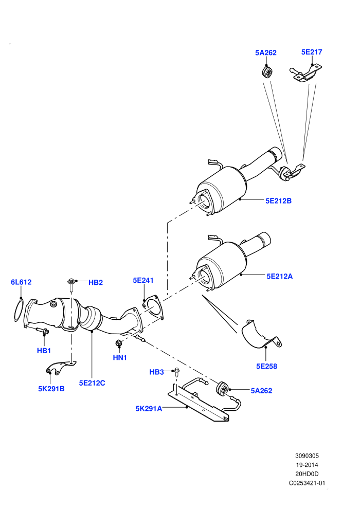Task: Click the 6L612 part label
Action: pyautogui.click(x=21, y=282)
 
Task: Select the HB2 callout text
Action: pyautogui.click(x=96, y=282)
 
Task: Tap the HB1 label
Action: pyautogui.click(x=44, y=351)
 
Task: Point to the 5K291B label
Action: pyautogui.click(x=51, y=389)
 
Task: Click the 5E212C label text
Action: pyautogui.click(x=92, y=383)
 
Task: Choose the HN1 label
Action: pyautogui.click(x=120, y=357)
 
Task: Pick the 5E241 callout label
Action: pyautogui.click(x=143, y=280)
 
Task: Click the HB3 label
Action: pyautogui.click(x=156, y=372)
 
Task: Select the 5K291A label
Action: pyautogui.click(x=149, y=408)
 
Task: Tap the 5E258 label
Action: pyautogui.click(x=266, y=366)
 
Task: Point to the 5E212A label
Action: pyautogui.click(x=279, y=276)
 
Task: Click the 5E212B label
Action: pyautogui.click(x=279, y=201)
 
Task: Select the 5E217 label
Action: pyautogui.click(x=312, y=52)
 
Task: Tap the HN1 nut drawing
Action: pyautogui.click(x=119, y=342)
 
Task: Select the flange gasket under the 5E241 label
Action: pyautogui.click(x=153, y=307)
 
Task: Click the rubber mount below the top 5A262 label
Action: pyautogui.click(x=267, y=72)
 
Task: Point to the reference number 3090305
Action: pyautogui.click(x=307, y=456)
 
